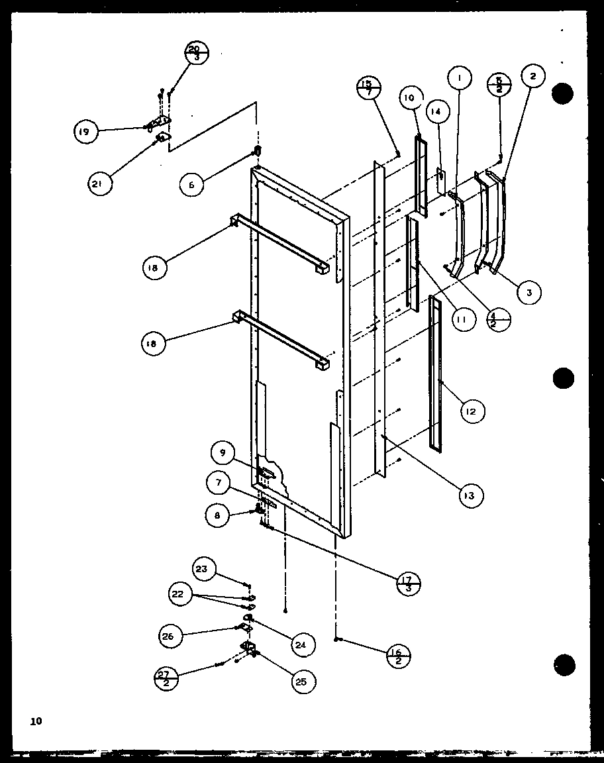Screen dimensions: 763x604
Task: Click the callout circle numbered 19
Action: coord(85,131)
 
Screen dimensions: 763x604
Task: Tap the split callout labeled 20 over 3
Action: coord(196,53)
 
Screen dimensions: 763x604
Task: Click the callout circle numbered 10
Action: coord(409,98)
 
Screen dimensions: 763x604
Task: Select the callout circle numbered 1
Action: coord(459,78)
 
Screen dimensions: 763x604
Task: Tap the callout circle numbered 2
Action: coord(532,76)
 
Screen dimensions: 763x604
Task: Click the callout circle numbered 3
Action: coord(529,292)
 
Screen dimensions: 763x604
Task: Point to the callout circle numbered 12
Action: coord(471,411)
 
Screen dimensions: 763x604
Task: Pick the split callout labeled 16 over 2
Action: coord(398,656)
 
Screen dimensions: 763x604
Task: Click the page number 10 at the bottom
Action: coord(35,721)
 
